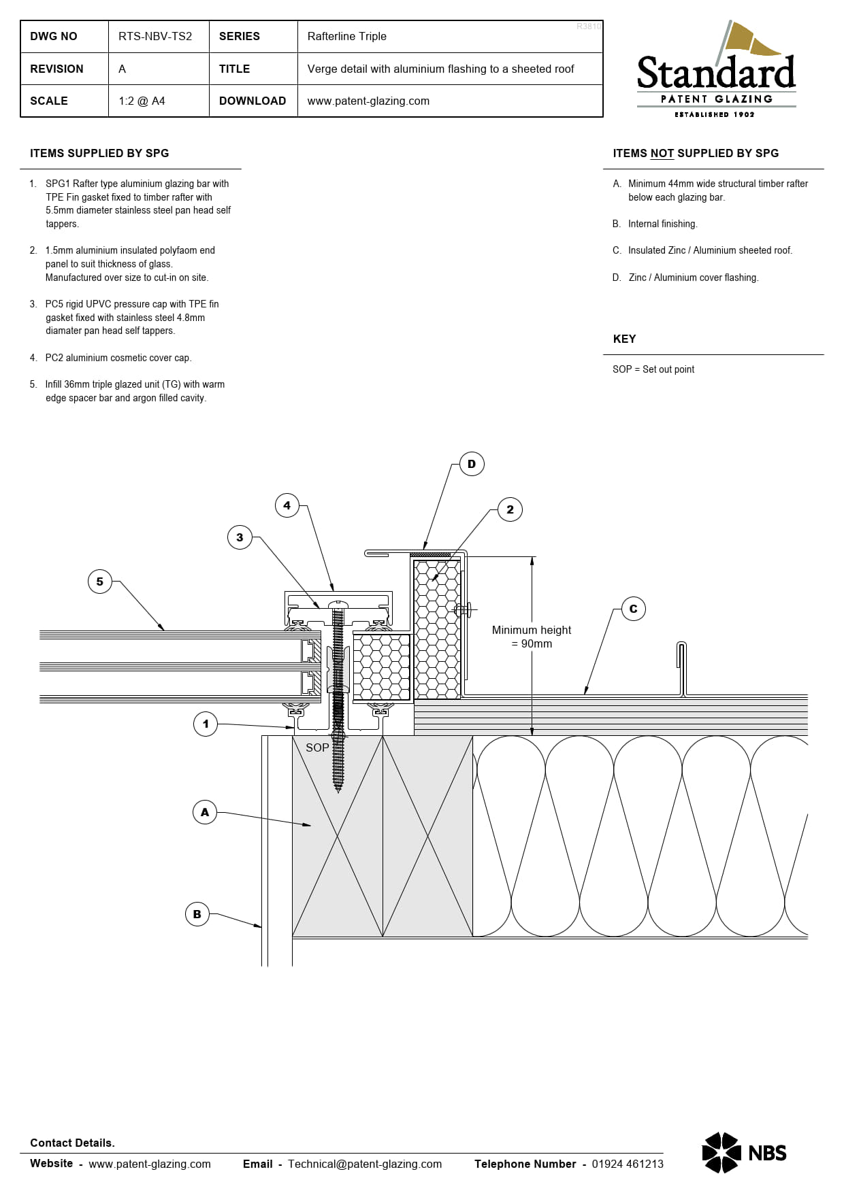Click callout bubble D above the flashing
[x=472, y=464]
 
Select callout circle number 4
[x=287, y=505]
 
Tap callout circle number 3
[x=240, y=537]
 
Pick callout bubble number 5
[x=100, y=582]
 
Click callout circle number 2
[x=510, y=509]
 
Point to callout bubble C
[x=633, y=609]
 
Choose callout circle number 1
[x=206, y=724]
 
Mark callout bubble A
[x=205, y=811]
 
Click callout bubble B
[x=197, y=914]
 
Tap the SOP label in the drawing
[x=317, y=747]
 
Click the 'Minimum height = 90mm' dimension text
[x=532, y=637]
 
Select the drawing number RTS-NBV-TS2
[x=155, y=36]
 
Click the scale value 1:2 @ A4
[x=142, y=101]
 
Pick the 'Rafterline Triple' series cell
[x=346, y=36]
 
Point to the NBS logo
[x=744, y=1152]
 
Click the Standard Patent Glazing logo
[x=716, y=69]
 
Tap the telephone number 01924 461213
[x=628, y=1164]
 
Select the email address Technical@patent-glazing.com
[x=365, y=1164]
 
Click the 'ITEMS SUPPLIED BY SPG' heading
[x=99, y=153]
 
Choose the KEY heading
[x=624, y=339]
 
